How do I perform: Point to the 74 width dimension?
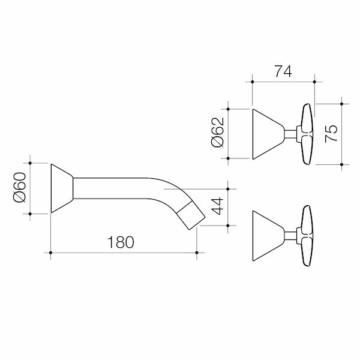tap(283, 71)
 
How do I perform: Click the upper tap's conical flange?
tap(267, 134)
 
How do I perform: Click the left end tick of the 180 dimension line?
tap(51, 254)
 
